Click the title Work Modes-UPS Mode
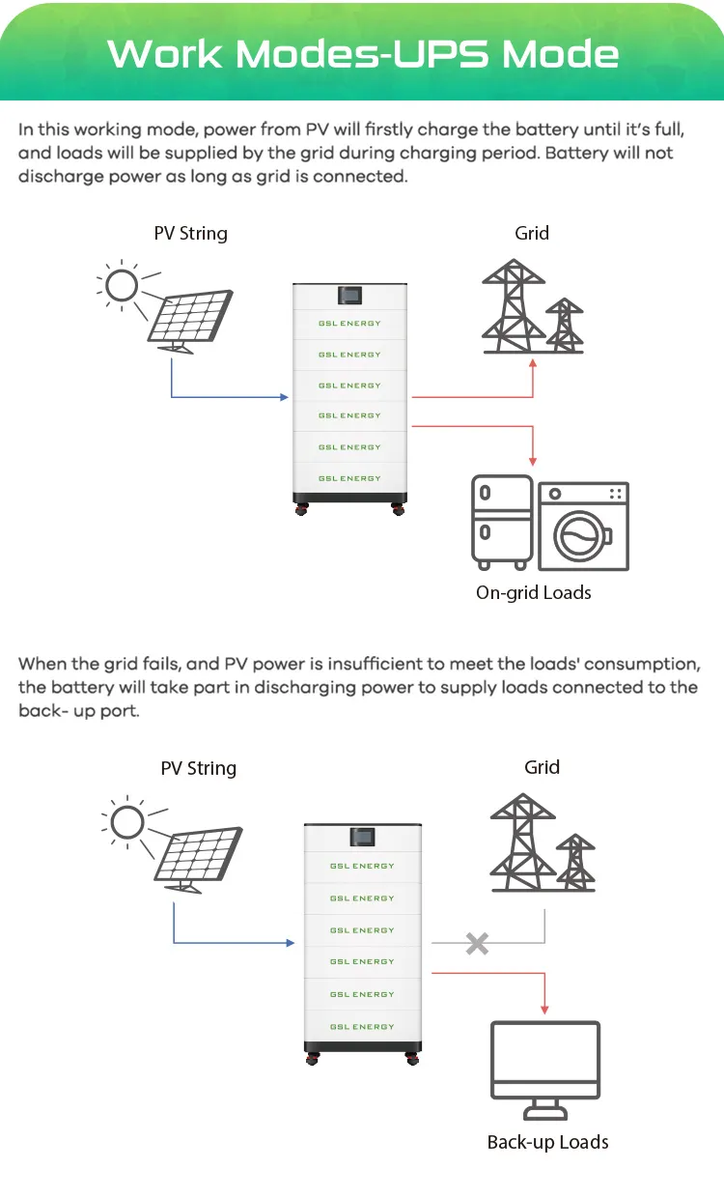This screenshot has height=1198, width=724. pyautogui.click(x=362, y=53)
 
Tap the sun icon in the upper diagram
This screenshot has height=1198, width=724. pyautogui.click(x=122, y=285)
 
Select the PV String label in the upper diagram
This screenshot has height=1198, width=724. pyautogui.click(x=190, y=233)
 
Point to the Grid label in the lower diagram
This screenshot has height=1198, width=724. pyautogui.click(x=542, y=767)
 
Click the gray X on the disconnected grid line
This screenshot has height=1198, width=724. pyautogui.click(x=477, y=943)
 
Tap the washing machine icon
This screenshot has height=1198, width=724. pyautogui.click(x=583, y=527)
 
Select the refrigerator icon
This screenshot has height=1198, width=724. pyautogui.click(x=501, y=522)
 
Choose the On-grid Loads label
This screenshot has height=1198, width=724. pyautogui.click(x=533, y=592)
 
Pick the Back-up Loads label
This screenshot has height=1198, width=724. pyautogui.click(x=547, y=1142)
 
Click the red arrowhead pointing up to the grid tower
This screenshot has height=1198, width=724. pyautogui.click(x=533, y=362)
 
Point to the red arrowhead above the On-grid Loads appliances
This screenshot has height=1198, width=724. pyautogui.click(x=533, y=462)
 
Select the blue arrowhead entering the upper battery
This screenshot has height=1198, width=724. pyautogui.click(x=284, y=397)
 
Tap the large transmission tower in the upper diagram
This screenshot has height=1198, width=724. pyautogui.click(x=511, y=307)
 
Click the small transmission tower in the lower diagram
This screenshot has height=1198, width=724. pyautogui.click(x=576, y=863)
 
